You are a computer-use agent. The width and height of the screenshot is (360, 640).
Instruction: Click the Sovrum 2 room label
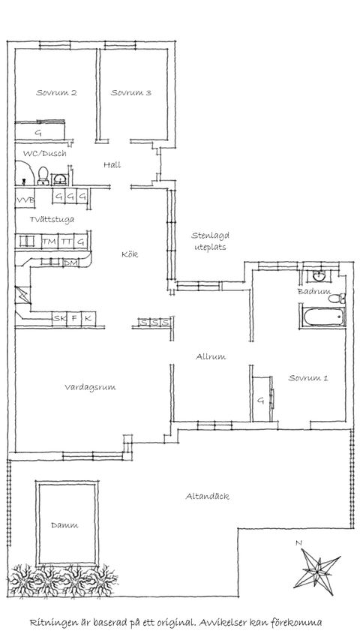coord(56,92)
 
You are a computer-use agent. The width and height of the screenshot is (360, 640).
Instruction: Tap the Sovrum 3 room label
coord(131,92)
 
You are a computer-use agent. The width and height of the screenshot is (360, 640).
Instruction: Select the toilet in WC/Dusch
coord(43,176)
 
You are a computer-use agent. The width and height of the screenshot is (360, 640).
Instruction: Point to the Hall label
coord(112,165)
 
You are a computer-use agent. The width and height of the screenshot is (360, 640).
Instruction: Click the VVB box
coord(25,200)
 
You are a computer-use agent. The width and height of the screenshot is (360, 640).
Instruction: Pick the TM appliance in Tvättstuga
coord(49,242)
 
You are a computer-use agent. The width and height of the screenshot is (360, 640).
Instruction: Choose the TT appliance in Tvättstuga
coord(66,242)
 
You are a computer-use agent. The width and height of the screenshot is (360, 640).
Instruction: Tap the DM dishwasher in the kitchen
coord(70,263)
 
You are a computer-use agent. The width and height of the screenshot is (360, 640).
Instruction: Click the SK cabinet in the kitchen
coord(59,318)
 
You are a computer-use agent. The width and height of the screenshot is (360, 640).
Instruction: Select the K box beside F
coord(88,318)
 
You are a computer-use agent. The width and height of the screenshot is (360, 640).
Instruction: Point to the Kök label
coord(130,254)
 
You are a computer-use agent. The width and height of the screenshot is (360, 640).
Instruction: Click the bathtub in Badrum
coord(324,317)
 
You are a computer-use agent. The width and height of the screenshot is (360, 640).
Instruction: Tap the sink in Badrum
coord(319,276)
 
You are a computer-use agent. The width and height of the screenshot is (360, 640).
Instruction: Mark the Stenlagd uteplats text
coord(210,242)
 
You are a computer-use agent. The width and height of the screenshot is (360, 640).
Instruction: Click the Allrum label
coord(211,356)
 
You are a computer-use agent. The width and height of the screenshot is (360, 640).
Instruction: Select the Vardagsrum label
coord(90,387)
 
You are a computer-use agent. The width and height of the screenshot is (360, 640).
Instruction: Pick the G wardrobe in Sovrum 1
coord(261,398)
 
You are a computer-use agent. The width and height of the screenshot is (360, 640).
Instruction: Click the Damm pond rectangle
coord(67,524)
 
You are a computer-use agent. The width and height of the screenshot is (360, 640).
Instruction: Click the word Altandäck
coord(207,497)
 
